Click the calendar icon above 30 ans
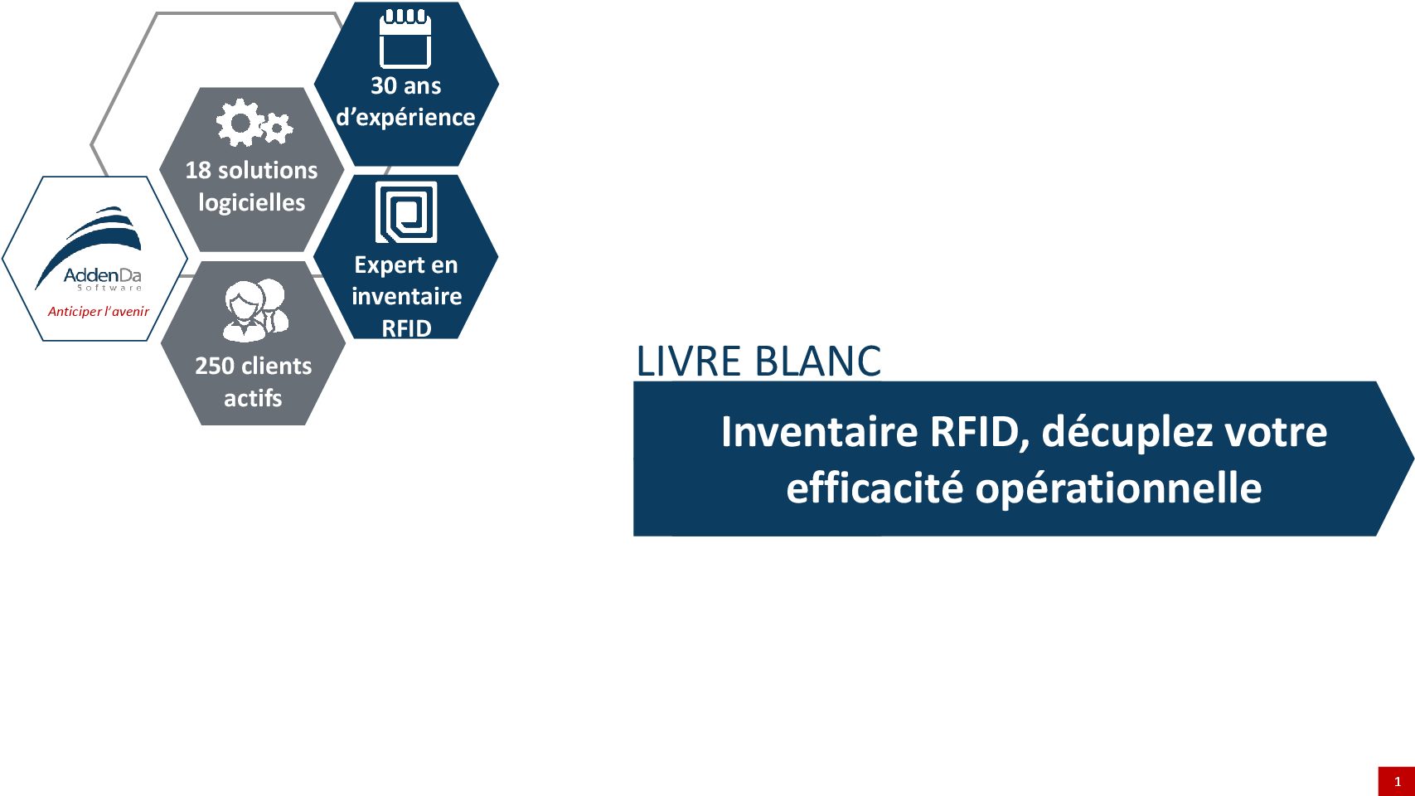pyautogui.click(x=405, y=38)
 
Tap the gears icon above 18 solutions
pyautogui.click(x=254, y=124)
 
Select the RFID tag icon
pyautogui.click(x=405, y=212)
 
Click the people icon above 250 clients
pyautogui.click(x=255, y=309)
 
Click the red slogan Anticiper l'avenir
pyautogui.click(x=99, y=312)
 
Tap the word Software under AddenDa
pyautogui.click(x=110, y=288)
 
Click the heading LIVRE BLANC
pyautogui.click(x=758, y=362)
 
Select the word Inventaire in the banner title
pyautogui.click(x=819, y=431)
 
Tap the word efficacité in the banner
pyautogui.click(x=875, y=488)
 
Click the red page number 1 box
pyautogui.click(x=1397, y=781)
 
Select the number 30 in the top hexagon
pyautogui.click(x=383, y=86)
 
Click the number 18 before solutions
pyautogui.click(x=198, y=171)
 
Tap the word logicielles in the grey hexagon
pyautogui.click(x=251, y=203)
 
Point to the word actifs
pyautogui.click(x=253, y=398)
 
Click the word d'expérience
pyautogui.click(x=405, y=118)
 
